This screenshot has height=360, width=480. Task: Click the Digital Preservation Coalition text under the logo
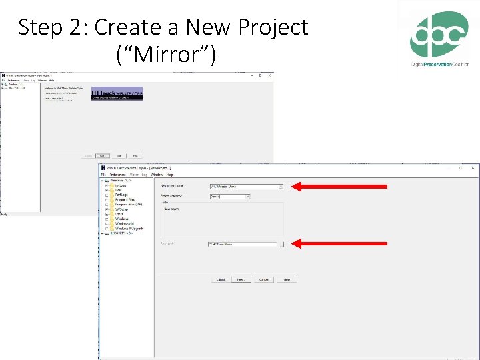point(439,64)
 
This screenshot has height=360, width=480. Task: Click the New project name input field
point(243,187)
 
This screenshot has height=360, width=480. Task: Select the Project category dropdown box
point(229,197)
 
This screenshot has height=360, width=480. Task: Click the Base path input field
point(242,245)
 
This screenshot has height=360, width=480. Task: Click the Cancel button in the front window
point(264,280)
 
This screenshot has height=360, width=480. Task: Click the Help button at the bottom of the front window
point(286,280)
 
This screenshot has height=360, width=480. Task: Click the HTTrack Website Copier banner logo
point(117,93)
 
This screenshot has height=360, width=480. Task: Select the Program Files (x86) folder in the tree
point(127,204)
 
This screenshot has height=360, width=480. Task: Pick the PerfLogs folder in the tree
point(121,195)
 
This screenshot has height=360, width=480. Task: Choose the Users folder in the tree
point(119,213)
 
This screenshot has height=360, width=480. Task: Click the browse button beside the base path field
point(281,245)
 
